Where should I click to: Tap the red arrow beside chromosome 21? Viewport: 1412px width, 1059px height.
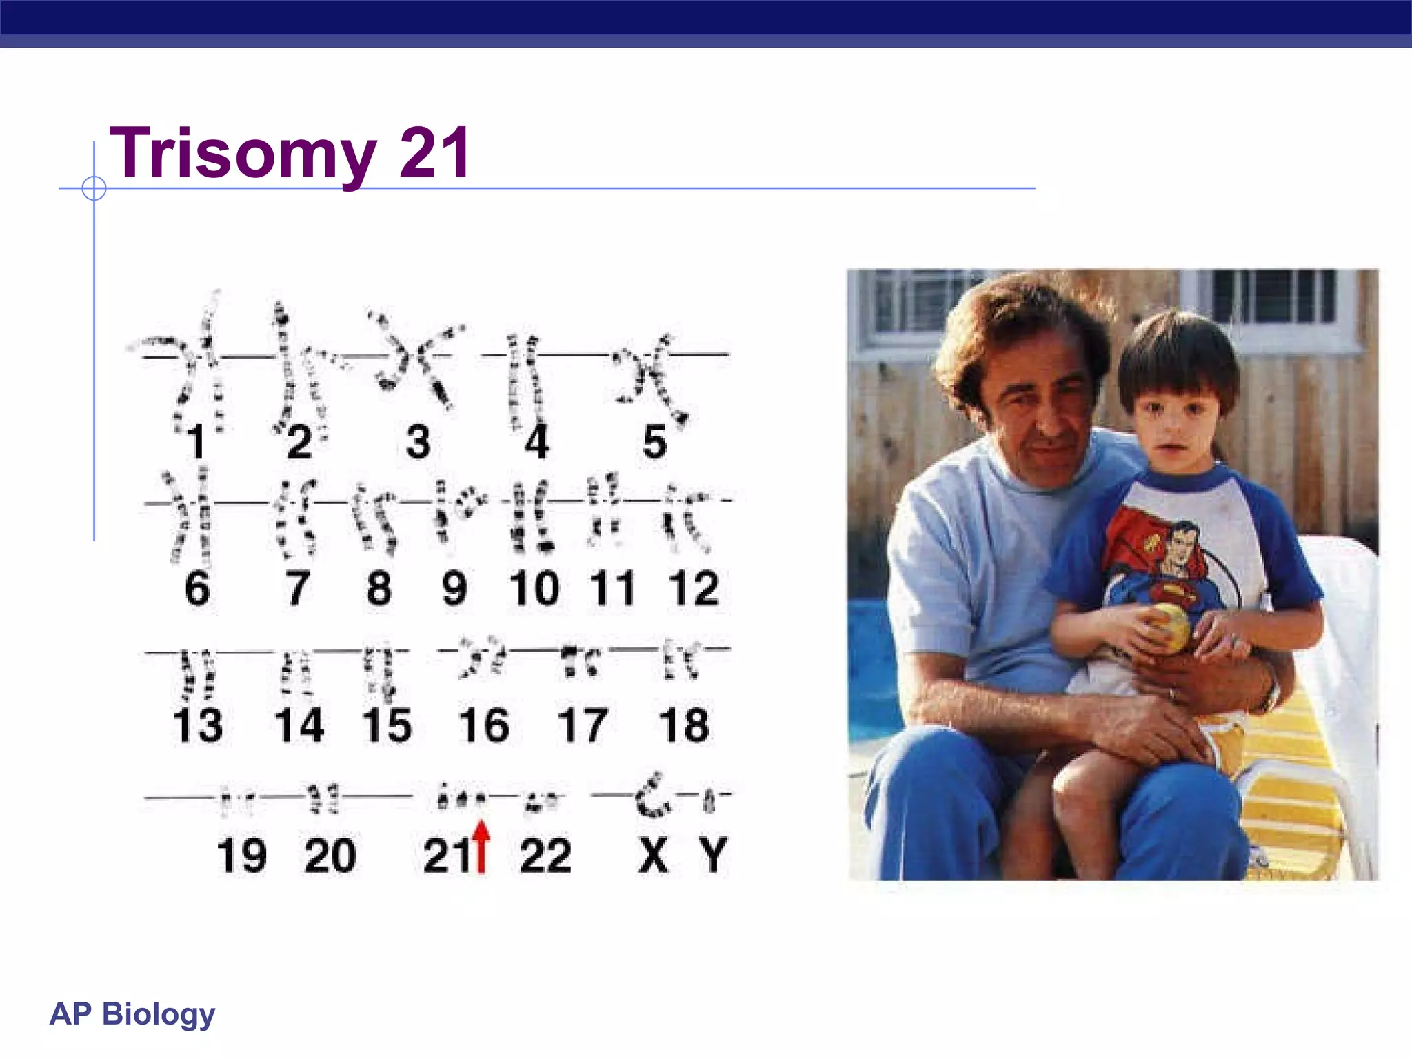pos(482,847)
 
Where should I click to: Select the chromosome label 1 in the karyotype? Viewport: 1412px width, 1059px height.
pos(197,442)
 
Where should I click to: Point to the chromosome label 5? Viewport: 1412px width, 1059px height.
pos(654,442)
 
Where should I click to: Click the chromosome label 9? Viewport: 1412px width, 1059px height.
pos(454,588)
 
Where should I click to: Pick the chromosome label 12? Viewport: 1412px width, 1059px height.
pos(694,588)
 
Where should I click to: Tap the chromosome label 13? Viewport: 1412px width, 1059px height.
pos(198,725)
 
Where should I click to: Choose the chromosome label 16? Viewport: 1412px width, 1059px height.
pos(484,725)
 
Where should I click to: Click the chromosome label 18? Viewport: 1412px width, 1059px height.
pos(683,725)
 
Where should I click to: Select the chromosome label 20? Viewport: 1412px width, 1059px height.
pos(330,856)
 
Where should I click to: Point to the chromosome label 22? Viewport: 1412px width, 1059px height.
pos(545,856)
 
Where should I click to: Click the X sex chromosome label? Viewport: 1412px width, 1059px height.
pos(653,856)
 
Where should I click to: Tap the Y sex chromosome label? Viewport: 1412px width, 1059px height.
pos(713,856)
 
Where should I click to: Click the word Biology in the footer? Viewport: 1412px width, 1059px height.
pos(159,1014)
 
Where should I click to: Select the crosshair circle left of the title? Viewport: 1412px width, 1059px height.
pos(94,188)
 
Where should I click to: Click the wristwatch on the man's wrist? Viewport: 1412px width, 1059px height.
pos(1269,696)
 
